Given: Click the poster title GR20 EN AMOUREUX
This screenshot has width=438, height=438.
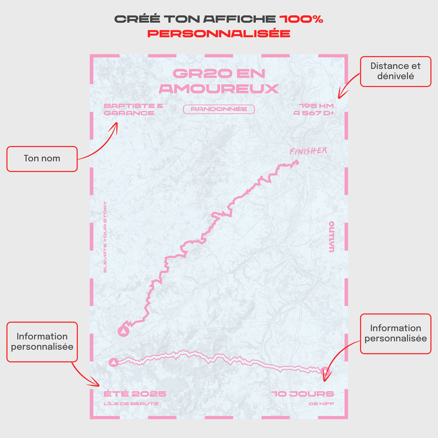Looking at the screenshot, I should point(219,81).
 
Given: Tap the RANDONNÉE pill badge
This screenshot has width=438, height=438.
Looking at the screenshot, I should point(219,109).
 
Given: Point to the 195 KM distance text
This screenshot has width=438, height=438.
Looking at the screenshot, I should point(316,106).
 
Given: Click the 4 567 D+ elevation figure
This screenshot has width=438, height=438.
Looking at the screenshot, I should point(314,114).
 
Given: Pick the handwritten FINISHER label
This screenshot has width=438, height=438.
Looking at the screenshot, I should point(308,151).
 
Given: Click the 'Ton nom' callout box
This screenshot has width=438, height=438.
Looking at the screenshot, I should point(42,159).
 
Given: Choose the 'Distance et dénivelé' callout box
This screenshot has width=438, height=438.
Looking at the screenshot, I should point(395,71).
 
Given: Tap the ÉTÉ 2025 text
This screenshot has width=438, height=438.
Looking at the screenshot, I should point(135,394).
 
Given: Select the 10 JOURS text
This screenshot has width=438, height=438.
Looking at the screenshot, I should point(303,394).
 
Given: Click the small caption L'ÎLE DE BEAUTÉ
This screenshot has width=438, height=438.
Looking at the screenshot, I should point(131,404).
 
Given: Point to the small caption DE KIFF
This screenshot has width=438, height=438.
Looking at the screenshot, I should point(322,404).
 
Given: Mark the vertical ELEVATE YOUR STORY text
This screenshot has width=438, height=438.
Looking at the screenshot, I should point(105,237).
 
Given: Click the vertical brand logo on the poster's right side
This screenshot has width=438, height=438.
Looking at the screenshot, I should point(331,237).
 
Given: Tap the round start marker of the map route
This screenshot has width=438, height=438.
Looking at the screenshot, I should point(124,331).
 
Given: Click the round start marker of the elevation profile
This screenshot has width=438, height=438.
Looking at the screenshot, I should point(114,362).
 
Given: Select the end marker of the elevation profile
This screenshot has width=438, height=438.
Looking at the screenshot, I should point(325,370).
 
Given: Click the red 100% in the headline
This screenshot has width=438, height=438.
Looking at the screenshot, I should point(301,19).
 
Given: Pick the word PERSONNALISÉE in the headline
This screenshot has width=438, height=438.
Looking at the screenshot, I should point(219,34).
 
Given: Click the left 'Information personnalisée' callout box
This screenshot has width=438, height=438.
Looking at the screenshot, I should point(42,341).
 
